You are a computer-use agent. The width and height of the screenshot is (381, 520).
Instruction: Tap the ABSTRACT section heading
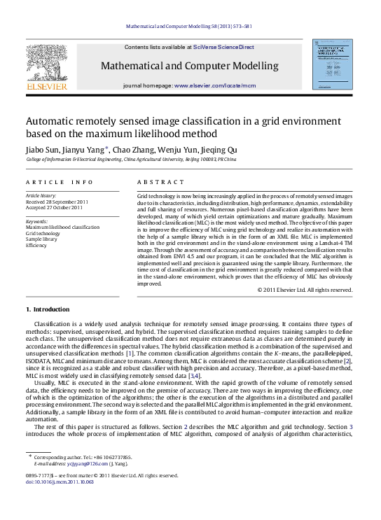pyautogui.click(x=155, y=181)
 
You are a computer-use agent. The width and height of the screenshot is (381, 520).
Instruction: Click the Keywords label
pyautogui.click(x=37, y=220)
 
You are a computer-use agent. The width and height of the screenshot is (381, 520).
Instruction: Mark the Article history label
pyautogui.click(x=41, y=195)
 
